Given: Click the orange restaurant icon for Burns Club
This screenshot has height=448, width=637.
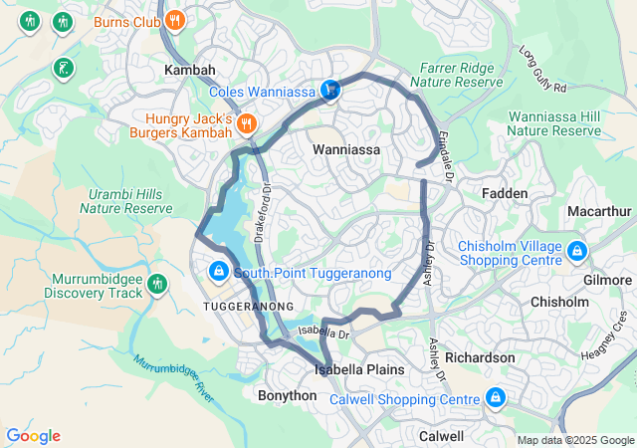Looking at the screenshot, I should (x=175, y=19).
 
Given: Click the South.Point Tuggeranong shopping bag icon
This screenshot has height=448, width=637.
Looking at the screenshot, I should (x=218, y=272).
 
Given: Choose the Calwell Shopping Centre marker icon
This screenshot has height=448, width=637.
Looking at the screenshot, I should (x=495, y=399).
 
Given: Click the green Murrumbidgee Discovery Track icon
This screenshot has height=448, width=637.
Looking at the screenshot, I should (x=155, y=286).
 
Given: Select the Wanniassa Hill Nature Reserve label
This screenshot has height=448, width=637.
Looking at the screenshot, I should (x=555, y=123).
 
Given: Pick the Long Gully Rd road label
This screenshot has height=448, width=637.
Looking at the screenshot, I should (x=542, y=70).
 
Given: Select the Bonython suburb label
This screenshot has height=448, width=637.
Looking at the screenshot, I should (x=287, y=395).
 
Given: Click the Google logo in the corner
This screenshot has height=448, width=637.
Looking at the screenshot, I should (x=34, y=436).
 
